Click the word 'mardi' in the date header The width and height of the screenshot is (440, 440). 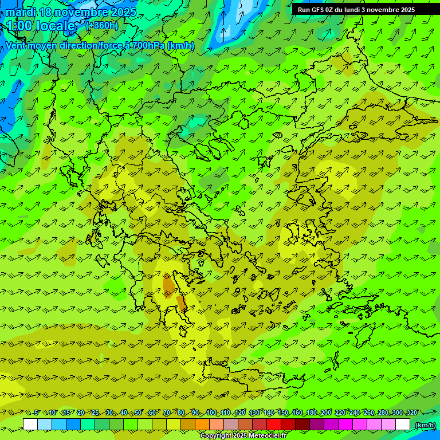(x=19, y=12)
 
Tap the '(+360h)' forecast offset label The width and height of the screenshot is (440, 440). (x=101, y=25)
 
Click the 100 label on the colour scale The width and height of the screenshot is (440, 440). (x=211, y=412)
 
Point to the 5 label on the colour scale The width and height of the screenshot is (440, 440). (x=36, y=412)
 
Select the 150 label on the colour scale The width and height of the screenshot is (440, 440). (x=283, y=412)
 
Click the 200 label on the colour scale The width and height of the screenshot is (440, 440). (x=326, y=412)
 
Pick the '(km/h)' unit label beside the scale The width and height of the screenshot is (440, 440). (x=425, y=425)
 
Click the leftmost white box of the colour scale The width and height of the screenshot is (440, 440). (x=30, y=425)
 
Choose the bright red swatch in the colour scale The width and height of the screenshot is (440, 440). (x=274, y=425)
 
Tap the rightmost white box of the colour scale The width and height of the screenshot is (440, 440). (x=403, y=425)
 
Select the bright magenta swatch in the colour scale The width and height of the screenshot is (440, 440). (x=345, y=425)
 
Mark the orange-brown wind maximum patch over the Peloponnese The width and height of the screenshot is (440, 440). (x=170, y=285)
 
